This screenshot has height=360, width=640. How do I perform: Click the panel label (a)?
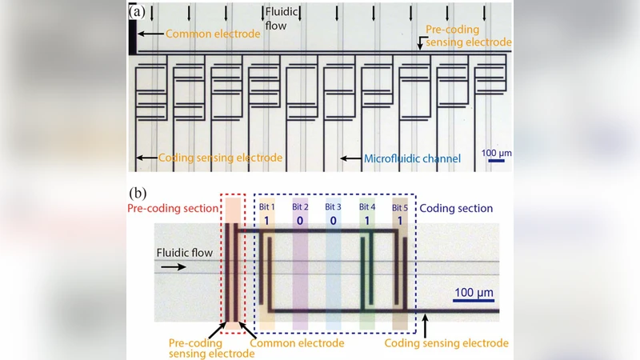pos(138,13)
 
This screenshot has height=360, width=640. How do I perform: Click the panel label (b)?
pos(138,194)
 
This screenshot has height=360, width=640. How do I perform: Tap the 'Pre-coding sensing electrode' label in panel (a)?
pos(467,35)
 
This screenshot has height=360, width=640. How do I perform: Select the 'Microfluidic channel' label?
pos(412,159)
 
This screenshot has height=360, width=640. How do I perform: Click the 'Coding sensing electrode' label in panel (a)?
pos(220,158)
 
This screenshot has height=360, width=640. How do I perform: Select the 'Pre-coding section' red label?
pos(174,208)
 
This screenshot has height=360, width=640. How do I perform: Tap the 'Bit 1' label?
pos(266,207)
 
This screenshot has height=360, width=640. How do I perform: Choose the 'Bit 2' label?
pos(300,207)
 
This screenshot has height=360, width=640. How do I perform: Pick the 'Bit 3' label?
pos(333,207)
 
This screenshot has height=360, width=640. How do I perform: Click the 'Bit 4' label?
pos(367,207)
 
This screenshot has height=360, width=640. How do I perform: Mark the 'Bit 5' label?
pos(400,207)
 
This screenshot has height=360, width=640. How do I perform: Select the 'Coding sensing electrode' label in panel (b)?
pos(446,342)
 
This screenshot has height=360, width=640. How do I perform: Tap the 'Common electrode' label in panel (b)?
pos(297,342)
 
